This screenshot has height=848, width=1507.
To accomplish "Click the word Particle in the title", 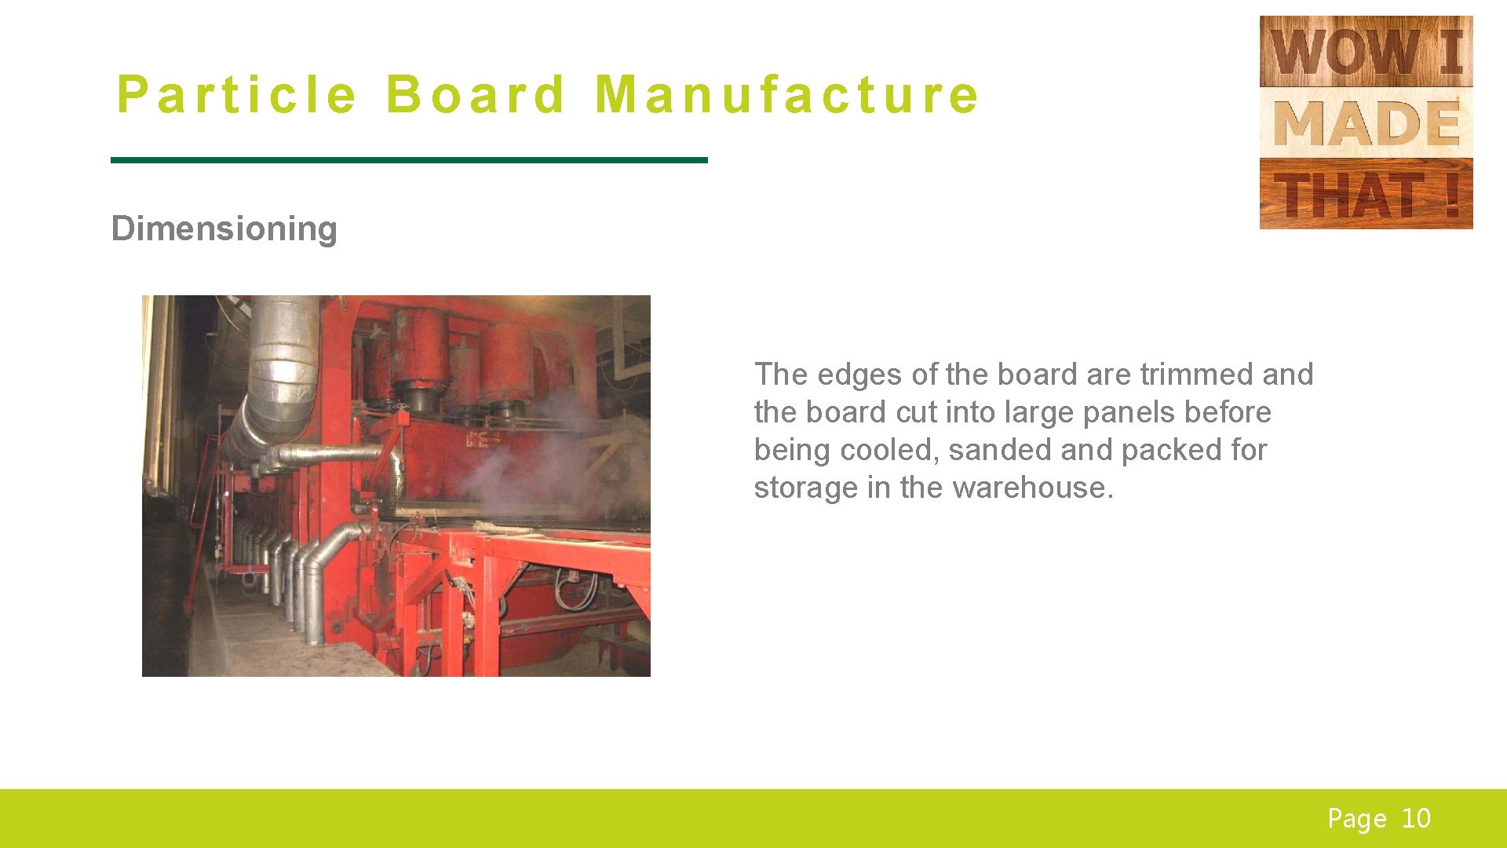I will [236, 95].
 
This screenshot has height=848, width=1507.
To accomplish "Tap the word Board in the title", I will [475, 95].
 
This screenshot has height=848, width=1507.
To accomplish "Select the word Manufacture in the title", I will [786, 95].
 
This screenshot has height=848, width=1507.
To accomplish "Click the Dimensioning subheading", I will [224, 228].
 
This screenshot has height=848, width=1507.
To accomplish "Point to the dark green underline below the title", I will [409, 160].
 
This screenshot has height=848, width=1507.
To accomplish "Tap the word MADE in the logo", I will [1366, 124].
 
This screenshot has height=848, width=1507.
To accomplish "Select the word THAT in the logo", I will [1348, 195].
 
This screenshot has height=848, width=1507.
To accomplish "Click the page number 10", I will [1416, 819].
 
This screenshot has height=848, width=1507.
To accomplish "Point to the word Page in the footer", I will [1356, 819].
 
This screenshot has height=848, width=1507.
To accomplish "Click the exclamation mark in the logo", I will [1450, 195].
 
